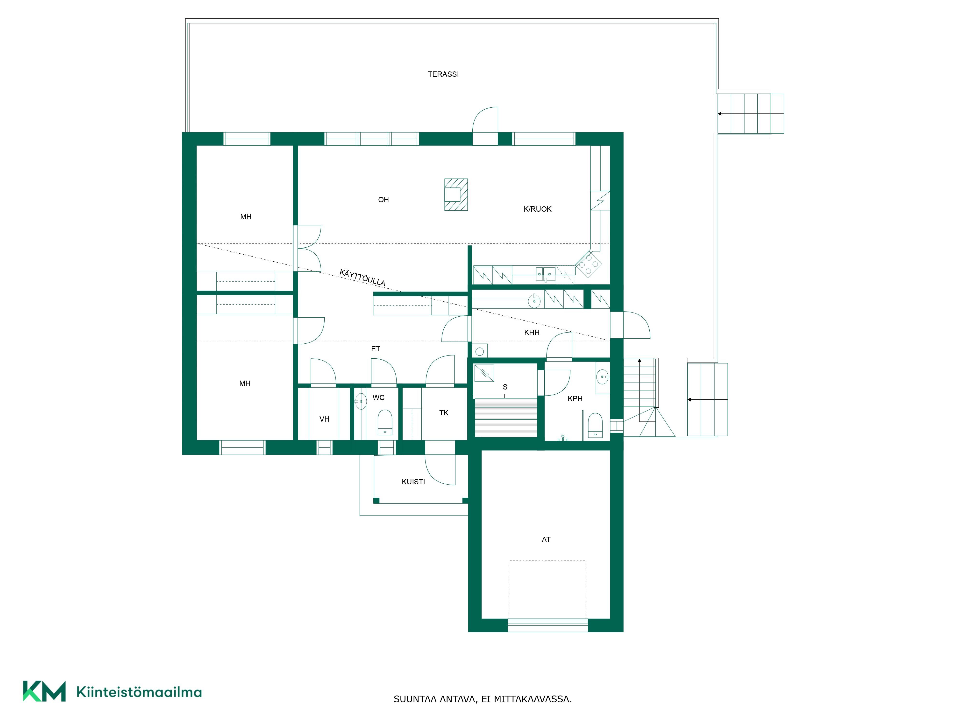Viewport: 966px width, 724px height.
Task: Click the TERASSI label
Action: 443,74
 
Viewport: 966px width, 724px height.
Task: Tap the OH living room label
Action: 384,200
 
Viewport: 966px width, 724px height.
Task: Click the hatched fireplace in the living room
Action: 456,195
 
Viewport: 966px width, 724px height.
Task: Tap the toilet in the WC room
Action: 385,422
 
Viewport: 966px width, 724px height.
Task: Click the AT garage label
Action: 546,539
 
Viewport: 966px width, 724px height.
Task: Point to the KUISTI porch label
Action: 413,482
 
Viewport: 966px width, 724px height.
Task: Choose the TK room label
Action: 444,413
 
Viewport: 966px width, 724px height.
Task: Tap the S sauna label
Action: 505,387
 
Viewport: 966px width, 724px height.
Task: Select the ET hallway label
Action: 376,349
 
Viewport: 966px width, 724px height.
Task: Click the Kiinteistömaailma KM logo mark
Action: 44,691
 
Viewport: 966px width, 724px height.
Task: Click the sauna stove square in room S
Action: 484,373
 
